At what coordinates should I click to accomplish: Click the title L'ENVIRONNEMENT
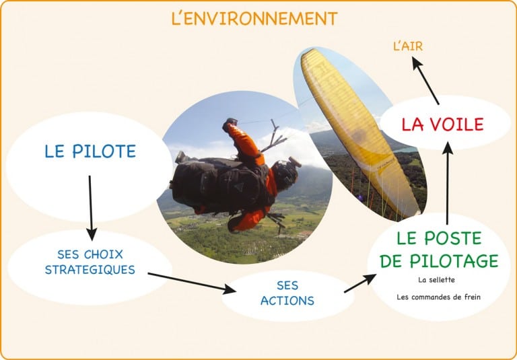(x=254, y=18)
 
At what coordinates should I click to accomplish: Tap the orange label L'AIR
(x=408, y=46)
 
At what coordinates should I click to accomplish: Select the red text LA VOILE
(x=442, y=124)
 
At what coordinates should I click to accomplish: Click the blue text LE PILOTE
(x=90, y=151)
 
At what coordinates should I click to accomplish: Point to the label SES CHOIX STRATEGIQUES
(x=90, y=262)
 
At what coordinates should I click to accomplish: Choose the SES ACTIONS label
(x=287, y=293)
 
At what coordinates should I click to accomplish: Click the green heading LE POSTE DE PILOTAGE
(x=438, y=249)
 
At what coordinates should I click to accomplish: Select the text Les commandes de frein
(x=438, y=296)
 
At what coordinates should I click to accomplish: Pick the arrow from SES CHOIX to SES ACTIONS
(x=191, y=282)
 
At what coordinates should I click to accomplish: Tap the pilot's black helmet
(x=285, y=174)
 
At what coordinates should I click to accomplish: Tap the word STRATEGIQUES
(x=90, y=270)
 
